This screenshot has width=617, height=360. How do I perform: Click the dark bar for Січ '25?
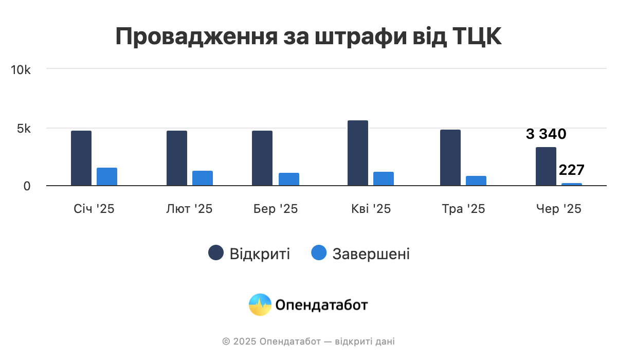tap(81, 158)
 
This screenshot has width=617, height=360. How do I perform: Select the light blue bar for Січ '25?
tap(107, 176)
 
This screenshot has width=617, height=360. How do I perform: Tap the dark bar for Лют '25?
tap(177, 158)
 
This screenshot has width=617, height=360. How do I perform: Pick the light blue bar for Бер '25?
tap(289, 179)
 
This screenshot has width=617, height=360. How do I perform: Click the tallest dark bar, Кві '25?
tap(358, 153)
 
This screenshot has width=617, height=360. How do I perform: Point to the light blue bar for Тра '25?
tap(476, 181)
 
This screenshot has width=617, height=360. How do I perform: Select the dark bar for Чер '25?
tap(546, 166)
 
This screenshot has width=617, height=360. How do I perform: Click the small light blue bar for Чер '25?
tap(572, 184)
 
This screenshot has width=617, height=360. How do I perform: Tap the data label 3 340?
tap(546, 135)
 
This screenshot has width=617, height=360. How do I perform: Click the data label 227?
tap(572, 170)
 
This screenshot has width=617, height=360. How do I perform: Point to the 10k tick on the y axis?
tap(21, 70)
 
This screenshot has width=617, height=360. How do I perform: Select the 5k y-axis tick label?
tap(24, 129)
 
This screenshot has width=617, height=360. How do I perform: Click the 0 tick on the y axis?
tap(27, 186)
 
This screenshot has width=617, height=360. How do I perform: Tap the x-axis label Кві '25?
tap(371, 209)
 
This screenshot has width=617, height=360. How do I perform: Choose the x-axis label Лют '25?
tap(189, 209)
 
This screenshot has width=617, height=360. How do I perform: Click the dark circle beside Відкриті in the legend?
tap(216, 253)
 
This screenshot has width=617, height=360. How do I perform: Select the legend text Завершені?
tap(371, 254)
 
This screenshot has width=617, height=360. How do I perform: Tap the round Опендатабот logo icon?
tap(260, 304)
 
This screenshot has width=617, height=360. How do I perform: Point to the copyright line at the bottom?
tap(308, 341)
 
